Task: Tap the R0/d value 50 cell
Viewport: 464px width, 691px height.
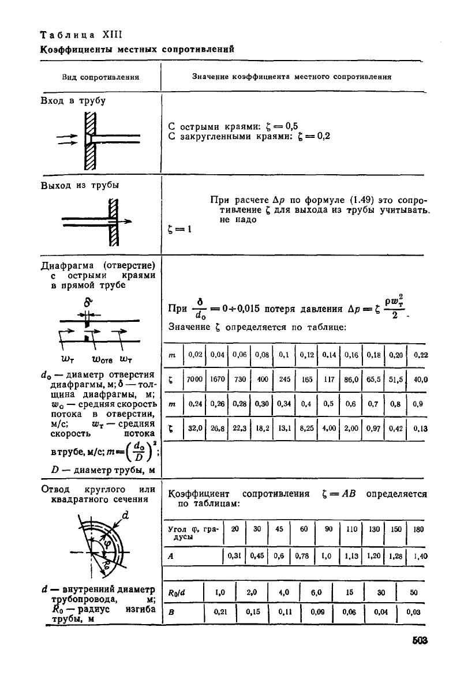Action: pyautogui.click(x=413, y=591)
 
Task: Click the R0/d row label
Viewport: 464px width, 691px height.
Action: pyautogui.click(x=175, y=591)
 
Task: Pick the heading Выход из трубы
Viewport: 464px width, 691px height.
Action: pyautogui.click(x=76, y=185)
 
